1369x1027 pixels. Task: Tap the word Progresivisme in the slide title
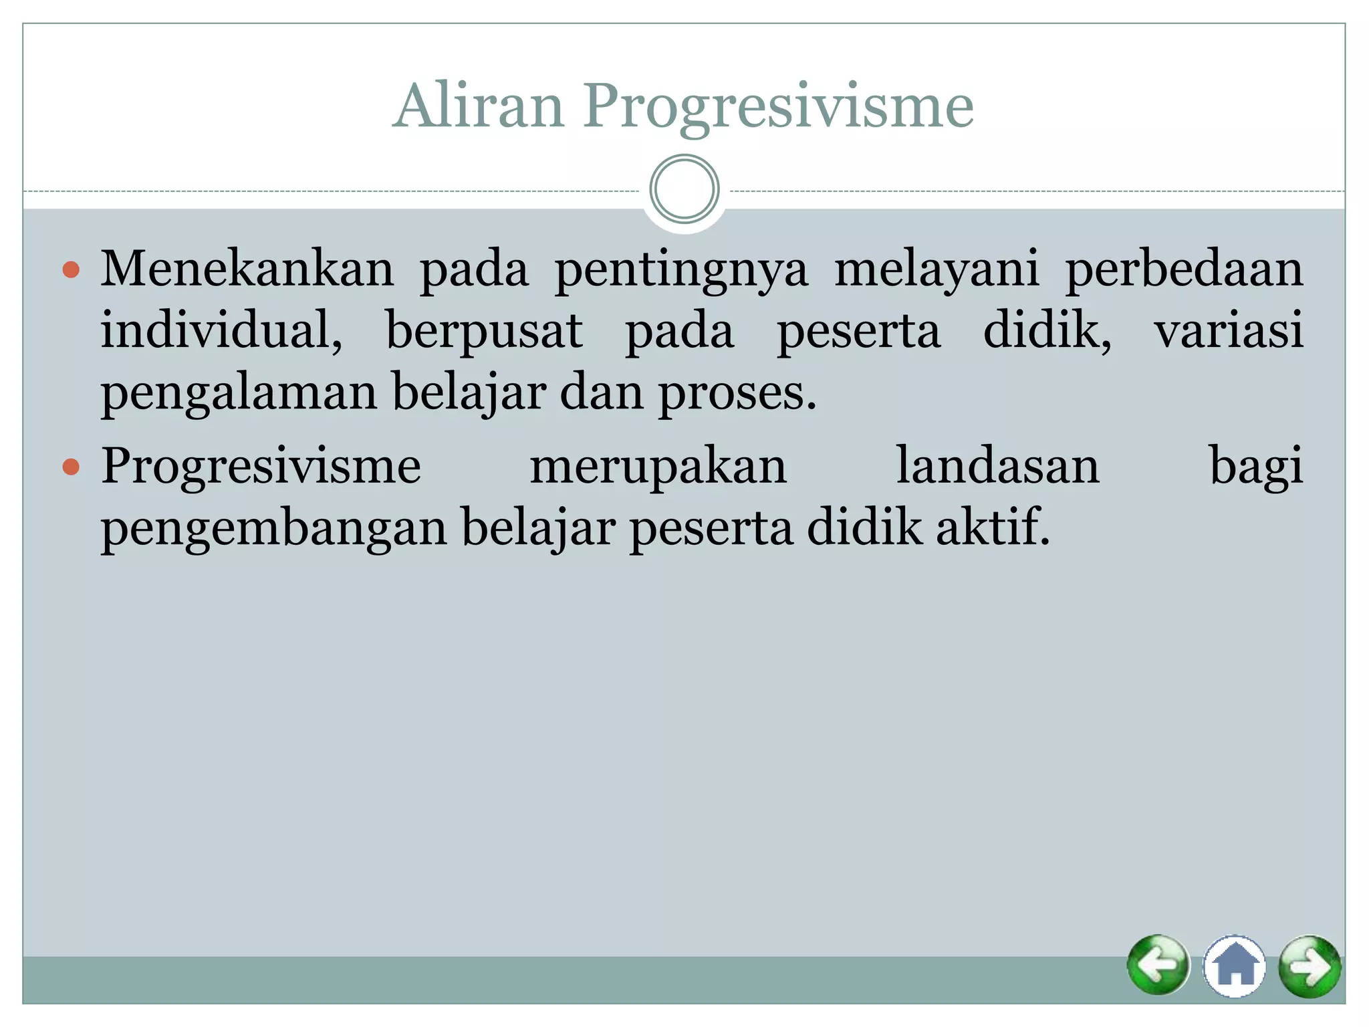point(778,107)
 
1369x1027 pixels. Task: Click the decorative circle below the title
point(684,189)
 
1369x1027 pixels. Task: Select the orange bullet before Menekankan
point(71,270)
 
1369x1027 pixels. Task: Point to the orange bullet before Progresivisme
point(71,466)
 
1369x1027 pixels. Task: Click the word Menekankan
point(247,269)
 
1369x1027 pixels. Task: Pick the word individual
point(221,330)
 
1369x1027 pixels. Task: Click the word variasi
point(1229,330)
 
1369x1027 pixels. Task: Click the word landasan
point(997,466)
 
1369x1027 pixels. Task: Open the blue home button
point(1234,966)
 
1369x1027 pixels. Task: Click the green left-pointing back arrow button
point(1158,965)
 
